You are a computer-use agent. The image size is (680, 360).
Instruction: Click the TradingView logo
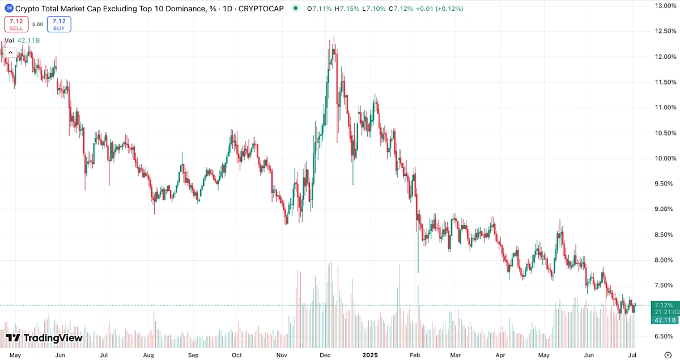[44, 338]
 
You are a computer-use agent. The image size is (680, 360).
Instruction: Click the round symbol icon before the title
[8, 9]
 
